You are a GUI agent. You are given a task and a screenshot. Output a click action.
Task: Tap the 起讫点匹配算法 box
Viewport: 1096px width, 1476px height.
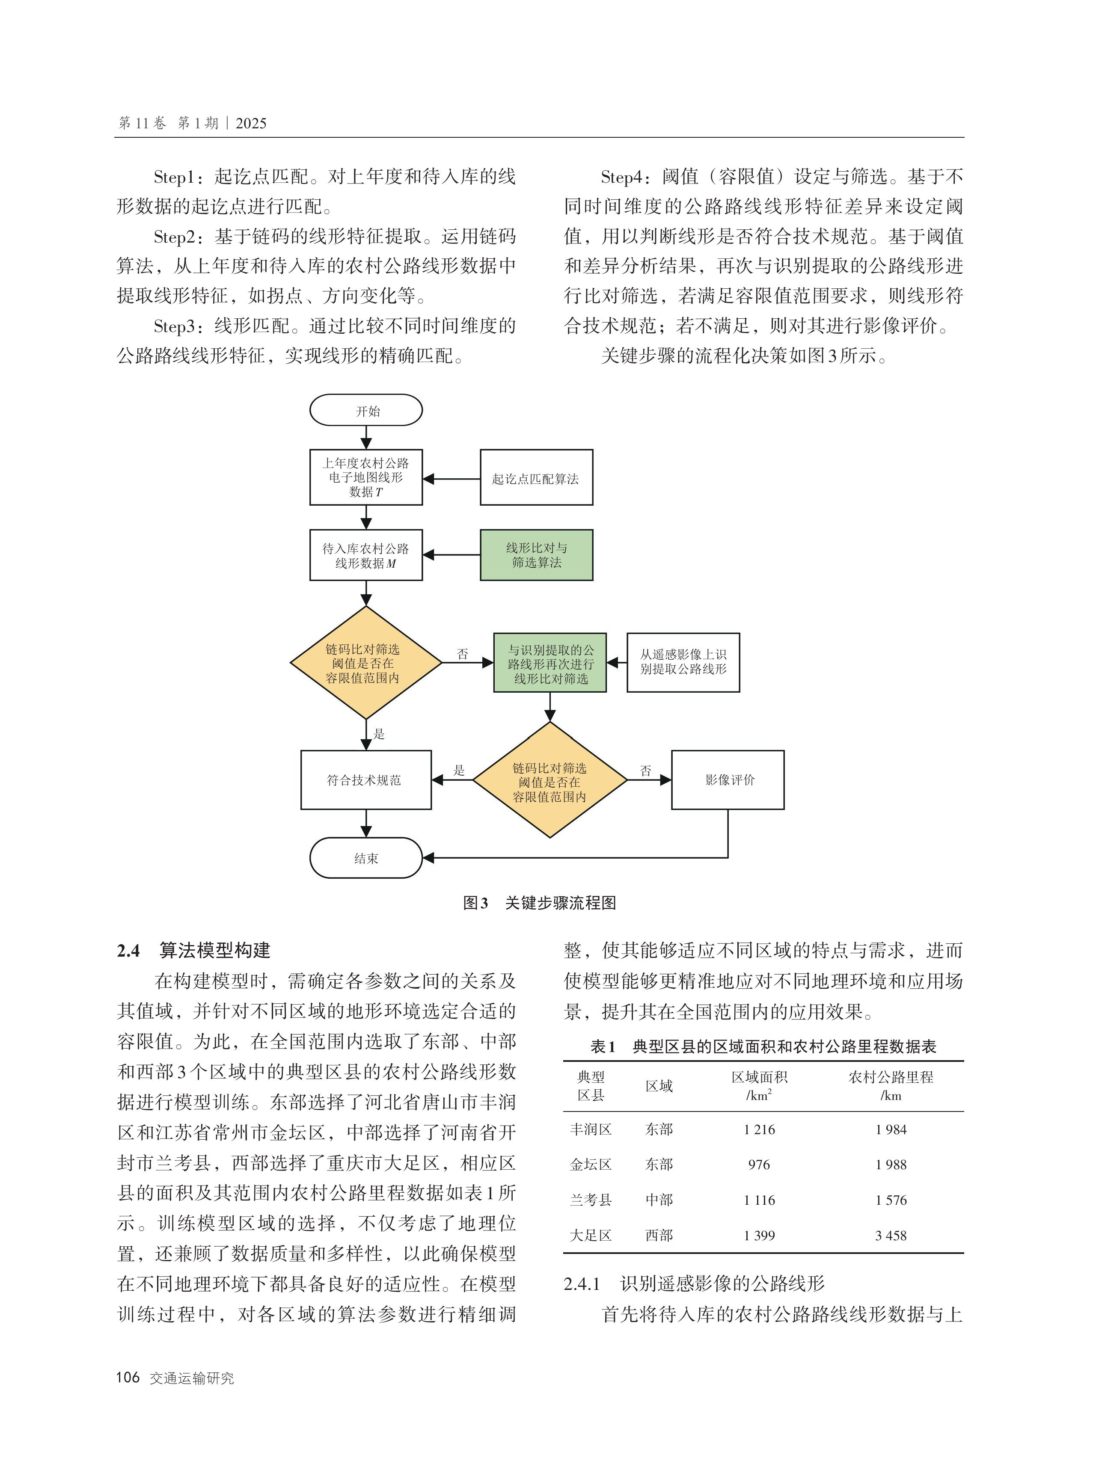(x=536, y=478)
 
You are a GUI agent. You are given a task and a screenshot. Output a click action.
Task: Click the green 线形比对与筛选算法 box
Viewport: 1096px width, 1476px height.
(x=536, y=555)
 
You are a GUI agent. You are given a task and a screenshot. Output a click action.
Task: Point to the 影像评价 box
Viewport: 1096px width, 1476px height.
(x=728, y=780)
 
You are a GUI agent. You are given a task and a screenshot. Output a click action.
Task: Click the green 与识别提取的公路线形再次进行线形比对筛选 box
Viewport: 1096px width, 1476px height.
(x=550, y=663)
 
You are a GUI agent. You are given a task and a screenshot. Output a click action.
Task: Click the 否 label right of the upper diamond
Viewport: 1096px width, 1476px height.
(x=463, y=654)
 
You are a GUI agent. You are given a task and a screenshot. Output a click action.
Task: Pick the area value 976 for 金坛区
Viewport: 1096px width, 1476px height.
(x=759, y=1165)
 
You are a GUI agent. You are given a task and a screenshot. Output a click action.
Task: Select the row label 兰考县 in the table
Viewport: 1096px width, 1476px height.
(x=591, y=1200)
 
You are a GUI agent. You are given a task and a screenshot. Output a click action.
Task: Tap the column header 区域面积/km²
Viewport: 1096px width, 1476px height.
(x=759, y=1085)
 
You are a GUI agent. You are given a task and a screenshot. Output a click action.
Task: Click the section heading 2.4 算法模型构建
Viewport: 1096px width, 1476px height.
(x=194, y=950)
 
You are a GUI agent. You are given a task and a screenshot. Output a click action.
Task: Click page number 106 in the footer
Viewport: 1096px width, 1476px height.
(x=128, y=1377)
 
